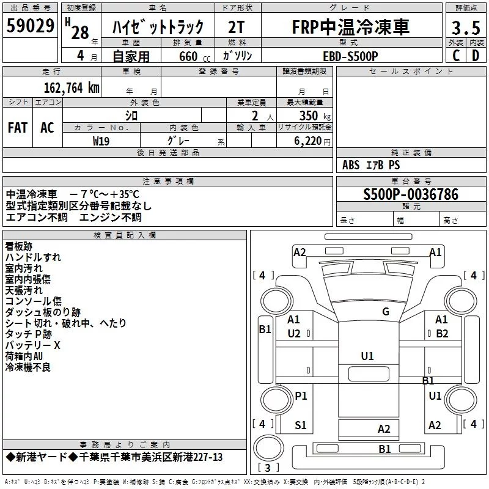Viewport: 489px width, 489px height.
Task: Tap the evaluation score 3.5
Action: coord(465,28)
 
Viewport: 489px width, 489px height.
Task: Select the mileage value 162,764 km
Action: coord(72,87)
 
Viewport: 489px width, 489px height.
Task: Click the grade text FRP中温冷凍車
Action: coord(350,28)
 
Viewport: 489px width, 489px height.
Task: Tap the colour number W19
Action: coord(101,141)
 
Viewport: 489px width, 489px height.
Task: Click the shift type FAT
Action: coord(18,127)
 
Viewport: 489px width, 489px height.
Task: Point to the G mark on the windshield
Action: coord(386,312)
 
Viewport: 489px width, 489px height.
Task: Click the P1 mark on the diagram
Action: coord(301,396)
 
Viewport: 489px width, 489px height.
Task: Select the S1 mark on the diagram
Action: coord(301,425)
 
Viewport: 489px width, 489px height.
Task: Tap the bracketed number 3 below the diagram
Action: coord(268,468)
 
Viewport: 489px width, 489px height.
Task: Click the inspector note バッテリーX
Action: coord(33,345)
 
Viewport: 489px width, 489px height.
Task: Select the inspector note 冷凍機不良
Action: coord(28,367)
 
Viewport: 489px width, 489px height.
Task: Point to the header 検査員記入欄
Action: coord(125,235)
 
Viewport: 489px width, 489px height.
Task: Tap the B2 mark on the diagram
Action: coord(442,334)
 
